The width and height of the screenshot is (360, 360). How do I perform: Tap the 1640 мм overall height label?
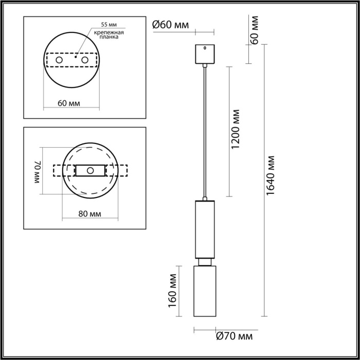point(271,175)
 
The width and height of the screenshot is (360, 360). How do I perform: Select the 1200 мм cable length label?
point(236,129)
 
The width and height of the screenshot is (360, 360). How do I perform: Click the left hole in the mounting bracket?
point(60,61)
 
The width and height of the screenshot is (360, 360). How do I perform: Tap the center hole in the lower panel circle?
point(90,170)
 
